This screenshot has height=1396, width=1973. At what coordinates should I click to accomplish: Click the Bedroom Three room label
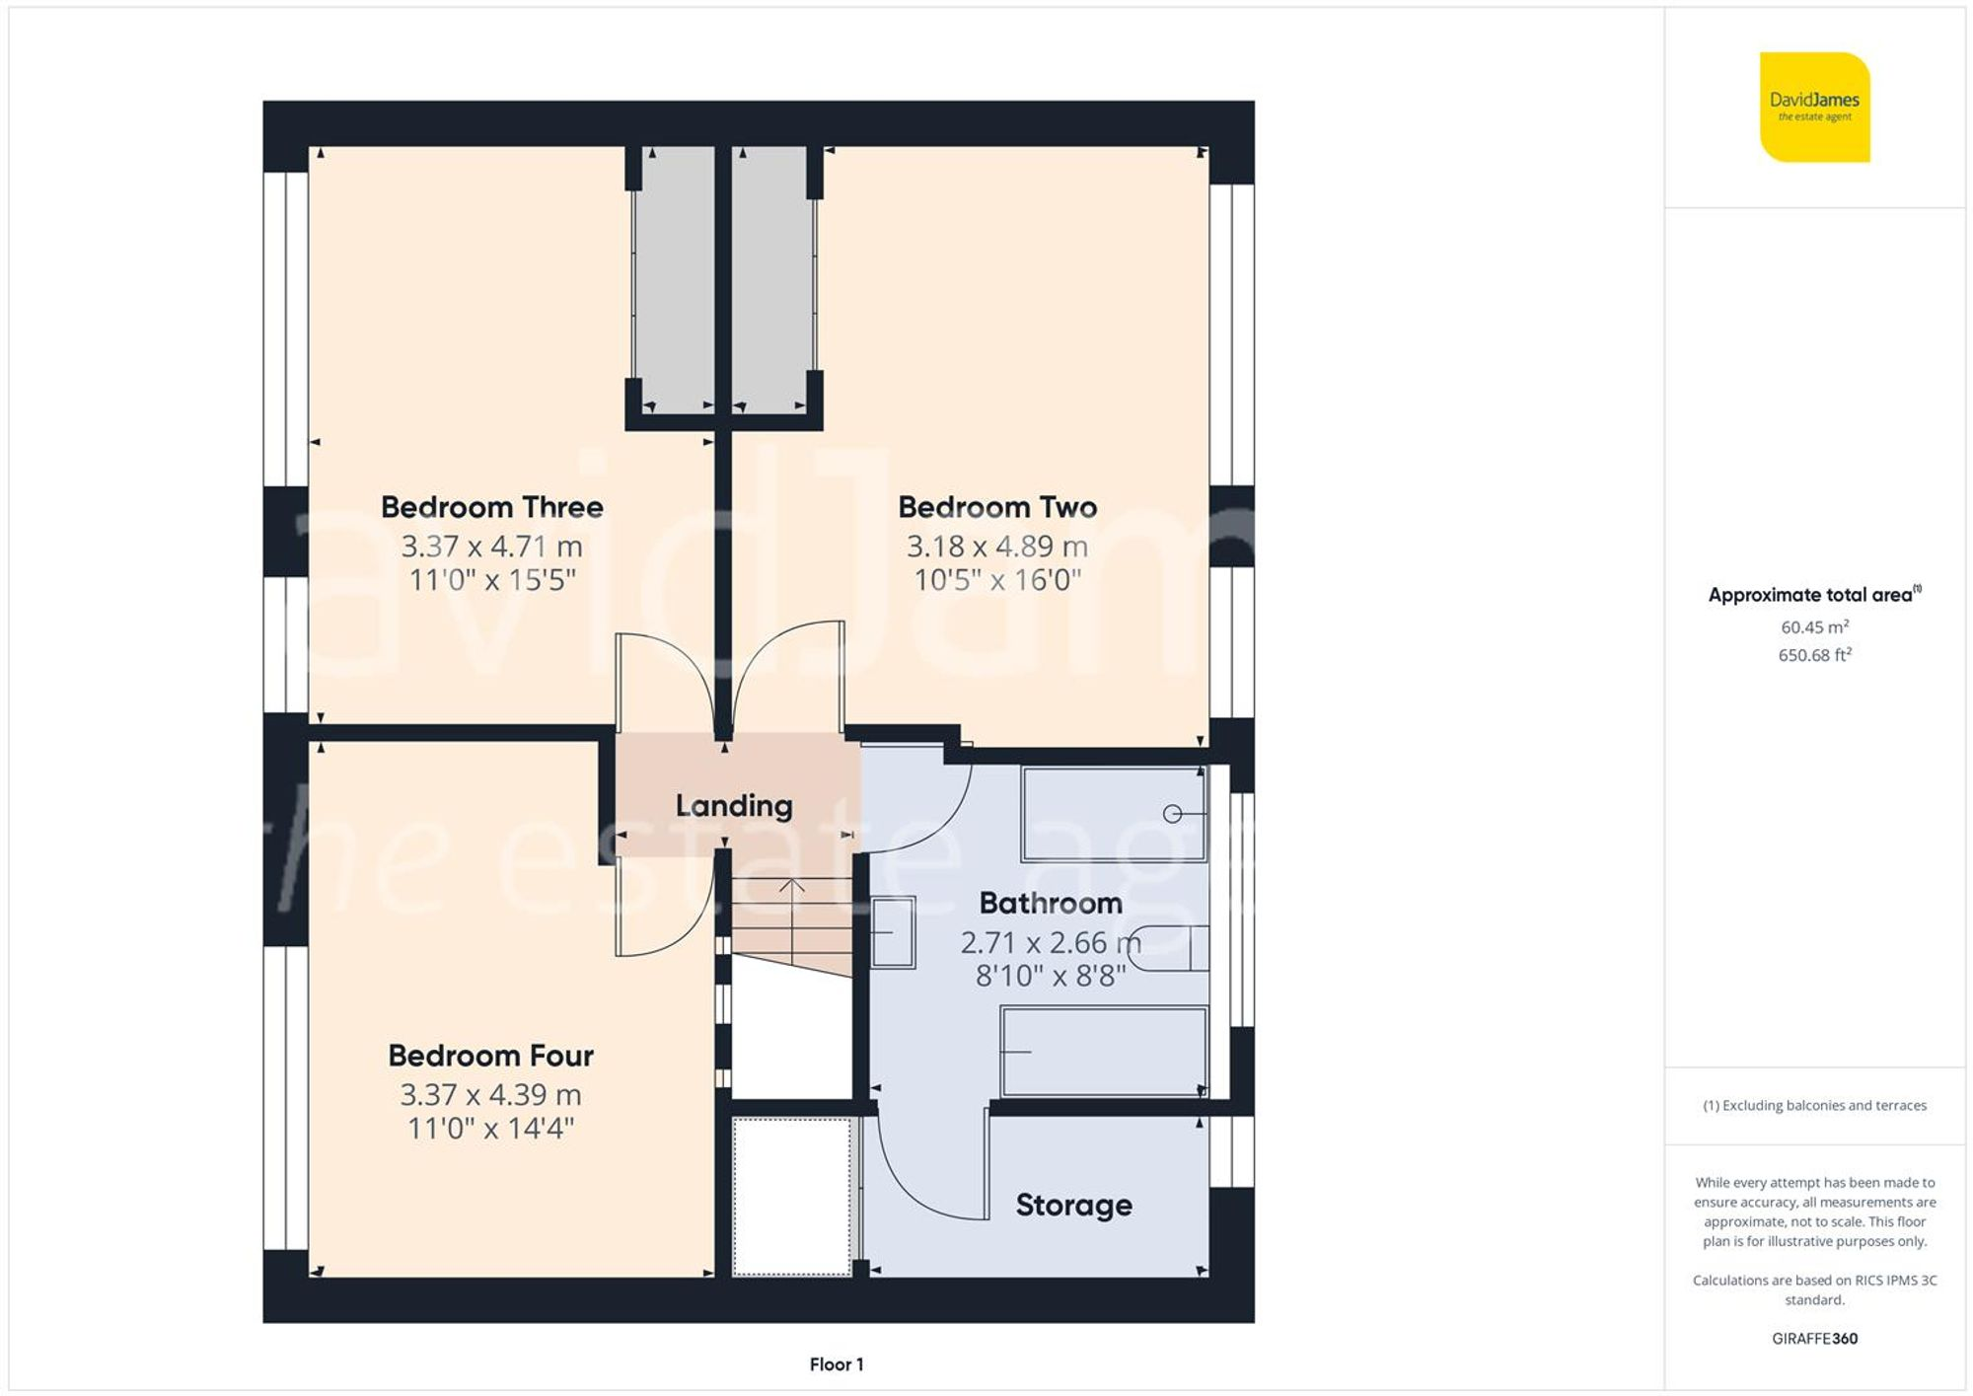click(x=491, y=507)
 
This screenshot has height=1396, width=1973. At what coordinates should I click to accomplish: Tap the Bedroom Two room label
click(x=996, y=507)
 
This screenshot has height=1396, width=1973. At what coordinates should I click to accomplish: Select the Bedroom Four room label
click(x=490, y=1056)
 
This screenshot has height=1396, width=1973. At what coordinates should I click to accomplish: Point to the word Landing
click(x=733, y=806)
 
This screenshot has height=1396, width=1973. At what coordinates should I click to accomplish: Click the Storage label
click(x=1073, y=1205)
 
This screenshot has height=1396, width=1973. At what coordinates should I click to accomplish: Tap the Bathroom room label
click(x=1050, y=903)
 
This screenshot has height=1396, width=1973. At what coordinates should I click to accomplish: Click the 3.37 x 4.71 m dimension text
click(x=491, y=546)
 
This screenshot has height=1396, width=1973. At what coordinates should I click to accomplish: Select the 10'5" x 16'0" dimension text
click(x=997, y=579)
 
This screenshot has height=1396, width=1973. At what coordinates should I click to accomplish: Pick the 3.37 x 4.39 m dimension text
click(x=490, y=1094)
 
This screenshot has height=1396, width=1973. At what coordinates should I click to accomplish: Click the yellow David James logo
click(x=1814, y=107)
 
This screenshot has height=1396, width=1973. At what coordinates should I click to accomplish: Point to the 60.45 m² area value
click(x=1814, y=626)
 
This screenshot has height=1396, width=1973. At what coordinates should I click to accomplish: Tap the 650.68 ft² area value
click(x=1814, y=655)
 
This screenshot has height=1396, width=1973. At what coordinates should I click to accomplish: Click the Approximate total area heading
click(x=1813, y=595)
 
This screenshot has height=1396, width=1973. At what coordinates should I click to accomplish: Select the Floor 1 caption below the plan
click(x=836, y=1364)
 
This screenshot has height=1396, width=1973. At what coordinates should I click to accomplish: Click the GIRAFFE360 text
click(x=1814, y=1339)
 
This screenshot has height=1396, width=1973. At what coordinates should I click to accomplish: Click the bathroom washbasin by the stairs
click(x=893, y=931)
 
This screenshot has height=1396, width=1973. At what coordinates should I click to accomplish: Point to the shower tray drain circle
click(x=1172, y=814)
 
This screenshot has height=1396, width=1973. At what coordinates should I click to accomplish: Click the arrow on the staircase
click(x=791, y=886)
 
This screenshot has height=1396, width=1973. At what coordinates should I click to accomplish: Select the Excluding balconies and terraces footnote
click(x=1814, y=1105)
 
